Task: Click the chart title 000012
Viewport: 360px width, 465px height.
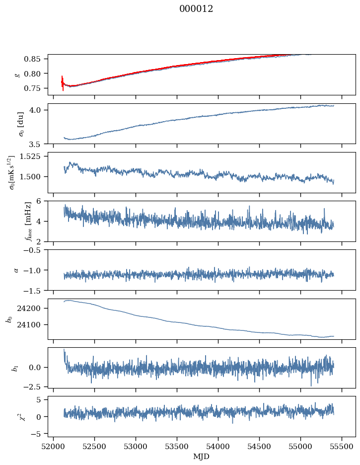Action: click(196, 9)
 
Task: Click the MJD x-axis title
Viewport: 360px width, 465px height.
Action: click(202, 456)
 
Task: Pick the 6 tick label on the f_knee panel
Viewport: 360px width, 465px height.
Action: click(43, 201)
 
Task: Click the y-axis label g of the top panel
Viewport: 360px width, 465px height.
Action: click(18, 75)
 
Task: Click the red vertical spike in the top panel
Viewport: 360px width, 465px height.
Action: click(63, 83)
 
